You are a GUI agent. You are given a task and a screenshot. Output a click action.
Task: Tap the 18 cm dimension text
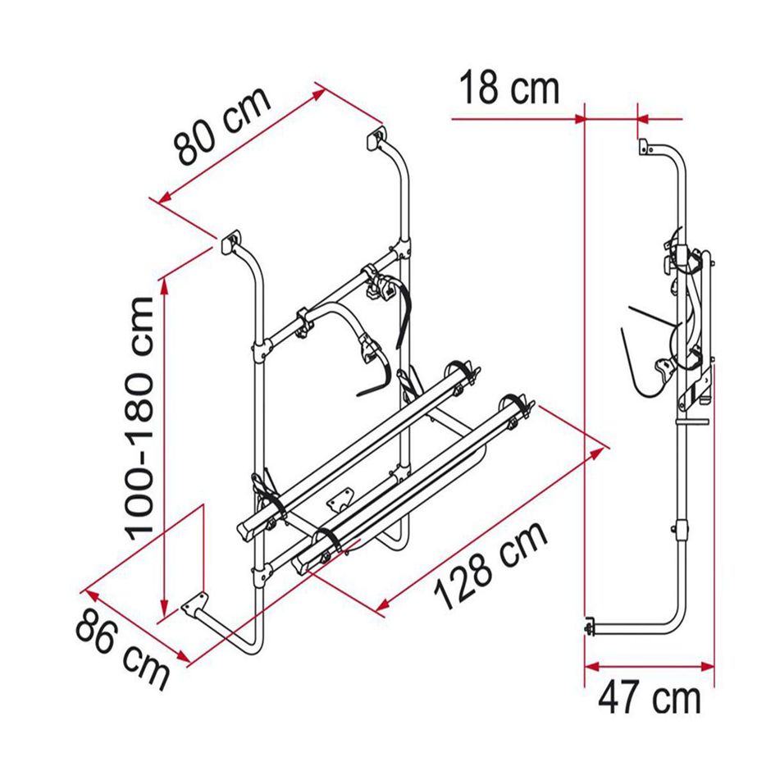[x=509, y=88]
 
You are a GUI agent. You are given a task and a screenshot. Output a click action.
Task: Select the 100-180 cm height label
[x=141, y=418]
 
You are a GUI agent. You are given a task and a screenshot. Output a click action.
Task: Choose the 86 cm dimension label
[x=123, y=650]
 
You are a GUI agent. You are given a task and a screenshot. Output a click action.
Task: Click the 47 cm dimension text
[x=649, y=698]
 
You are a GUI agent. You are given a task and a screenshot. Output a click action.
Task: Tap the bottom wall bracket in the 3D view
[x=194, y=604]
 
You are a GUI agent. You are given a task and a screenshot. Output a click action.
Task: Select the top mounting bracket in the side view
[x=645, y=147]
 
